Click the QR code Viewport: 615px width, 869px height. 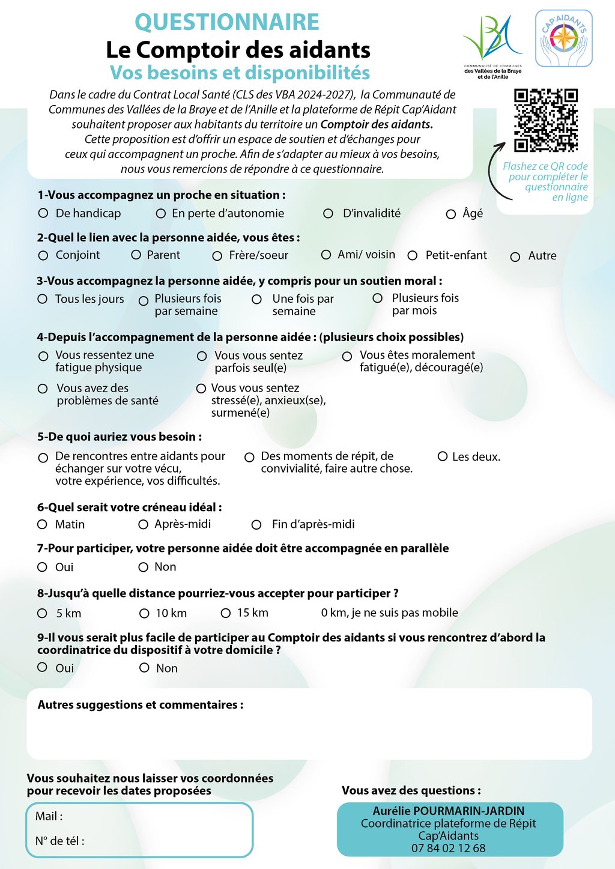click(x=546, y=120)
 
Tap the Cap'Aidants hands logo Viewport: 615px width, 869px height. click(x=563, y=38)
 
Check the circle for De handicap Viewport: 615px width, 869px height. click(x=43, y=213)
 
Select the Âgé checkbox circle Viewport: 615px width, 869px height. click(x=451, y=214)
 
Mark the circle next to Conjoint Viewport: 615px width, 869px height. click(x=43, y=256)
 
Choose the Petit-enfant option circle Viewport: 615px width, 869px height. click(x=413, y=256)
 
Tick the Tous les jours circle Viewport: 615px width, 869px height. click(x=43, y=299)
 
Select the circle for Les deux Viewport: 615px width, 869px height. click(x=443, y=456)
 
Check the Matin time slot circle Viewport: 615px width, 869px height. click(x=42, y=524)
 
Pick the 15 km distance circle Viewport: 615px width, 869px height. click(x=226, y=613)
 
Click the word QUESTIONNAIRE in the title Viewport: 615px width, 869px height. click(x=227, y=22)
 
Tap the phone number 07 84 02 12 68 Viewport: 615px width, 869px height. click(x=449, y=848)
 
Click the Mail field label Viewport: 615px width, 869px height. click(x=49, y=816)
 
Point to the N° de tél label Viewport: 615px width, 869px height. click(x=59, y=841)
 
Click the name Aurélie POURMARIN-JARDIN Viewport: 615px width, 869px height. click(x=449, y=811)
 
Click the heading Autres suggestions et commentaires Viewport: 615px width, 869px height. click(x=141, y=704)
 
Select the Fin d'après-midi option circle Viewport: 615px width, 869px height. click(x=256, y=525)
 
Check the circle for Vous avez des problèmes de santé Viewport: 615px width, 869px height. click(x=43, y=389)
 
